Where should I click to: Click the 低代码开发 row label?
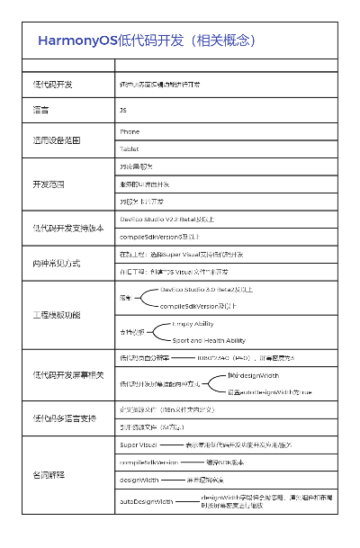tap(53, 84)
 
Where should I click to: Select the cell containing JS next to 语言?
tap(123, 109)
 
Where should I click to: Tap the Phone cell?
tap(130, 131)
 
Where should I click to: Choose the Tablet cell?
tap(130, 148)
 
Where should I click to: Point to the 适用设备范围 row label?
tap(57, 140)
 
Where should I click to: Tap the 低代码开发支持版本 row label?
tap(68, 228)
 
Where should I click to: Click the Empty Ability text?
tap(193, 323)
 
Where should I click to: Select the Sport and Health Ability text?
tap(209, 340)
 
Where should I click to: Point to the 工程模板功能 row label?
tap(57, 315)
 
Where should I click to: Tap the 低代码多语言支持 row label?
tap(64, 418)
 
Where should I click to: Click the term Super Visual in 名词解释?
tap(138, 445)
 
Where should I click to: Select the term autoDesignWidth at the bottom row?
tap(146, 500)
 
